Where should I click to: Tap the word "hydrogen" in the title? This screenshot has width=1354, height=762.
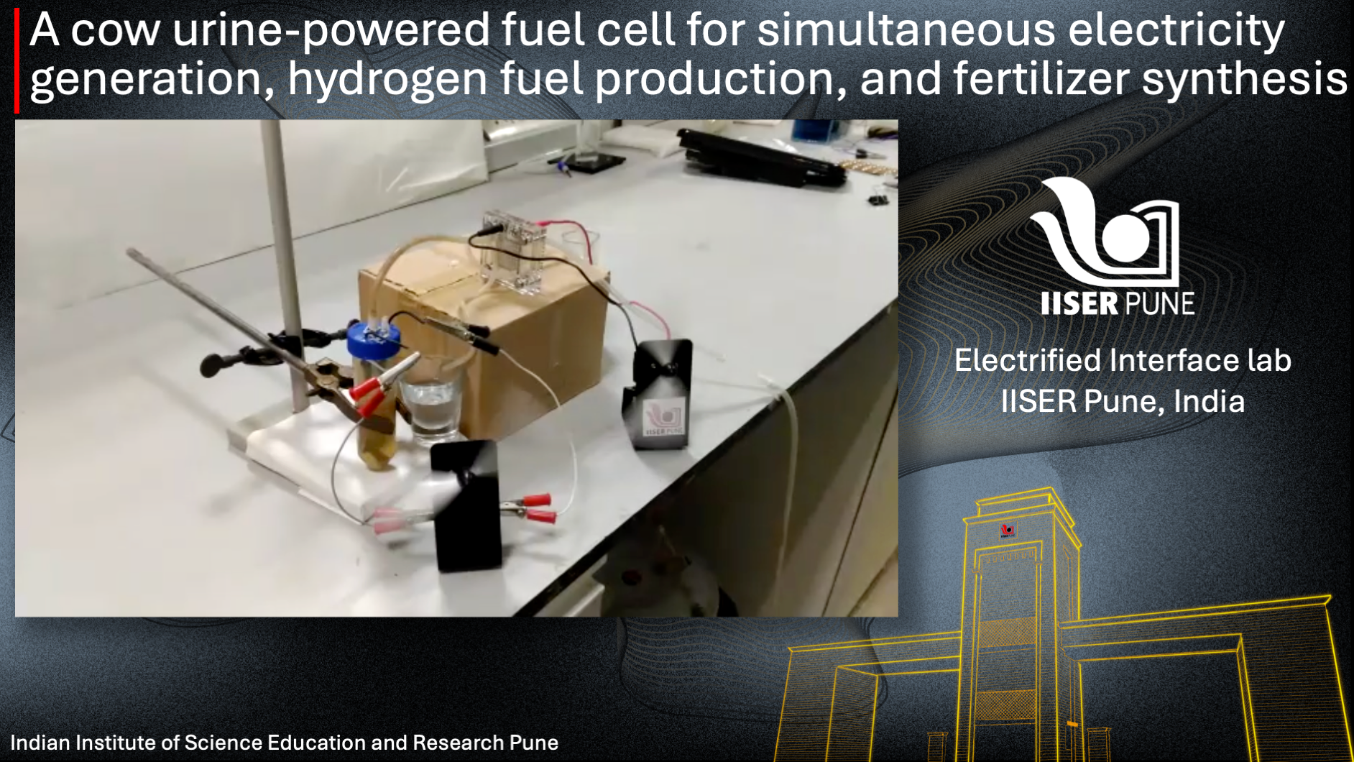pos(387,79)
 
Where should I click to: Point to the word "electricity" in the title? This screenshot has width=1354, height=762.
pos(1176,32)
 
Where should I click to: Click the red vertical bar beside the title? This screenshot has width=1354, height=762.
pos(17,61)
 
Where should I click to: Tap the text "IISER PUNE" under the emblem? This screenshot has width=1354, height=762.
pos(1118,303)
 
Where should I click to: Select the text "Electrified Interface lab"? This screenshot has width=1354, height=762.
pos(1123,361)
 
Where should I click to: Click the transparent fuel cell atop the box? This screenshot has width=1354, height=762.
pos(512,252)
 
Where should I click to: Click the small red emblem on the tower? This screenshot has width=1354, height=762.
pos(1007,531)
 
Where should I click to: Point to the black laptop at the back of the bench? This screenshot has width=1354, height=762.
pos(763,156)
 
